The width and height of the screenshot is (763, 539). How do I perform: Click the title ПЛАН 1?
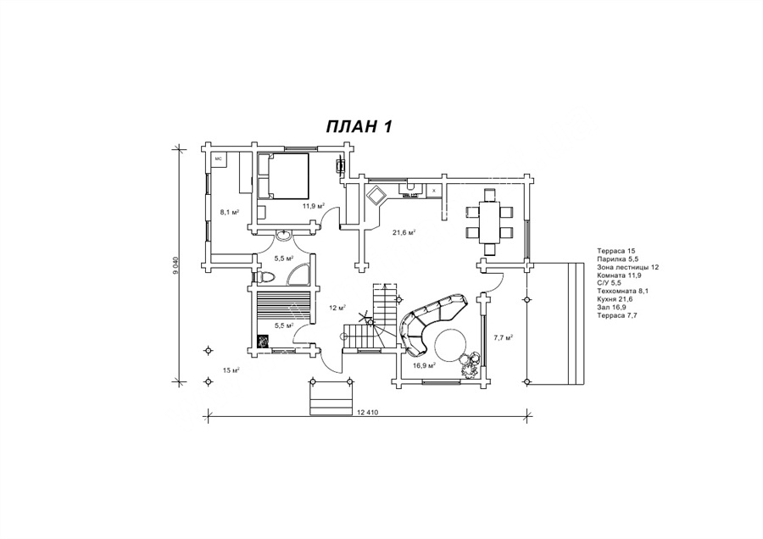coord(359,127)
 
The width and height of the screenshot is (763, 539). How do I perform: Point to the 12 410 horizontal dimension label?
coord(367,412)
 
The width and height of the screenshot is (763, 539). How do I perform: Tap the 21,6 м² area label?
coord(403,231)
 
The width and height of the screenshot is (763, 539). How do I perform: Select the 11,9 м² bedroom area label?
coord(314,205)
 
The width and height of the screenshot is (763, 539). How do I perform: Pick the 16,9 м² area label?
coord(424,365)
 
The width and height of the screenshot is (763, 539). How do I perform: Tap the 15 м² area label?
coord(231,370)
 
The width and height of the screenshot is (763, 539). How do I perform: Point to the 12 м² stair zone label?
coord(337,307)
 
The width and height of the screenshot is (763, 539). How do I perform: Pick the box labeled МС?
coord(218,158)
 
